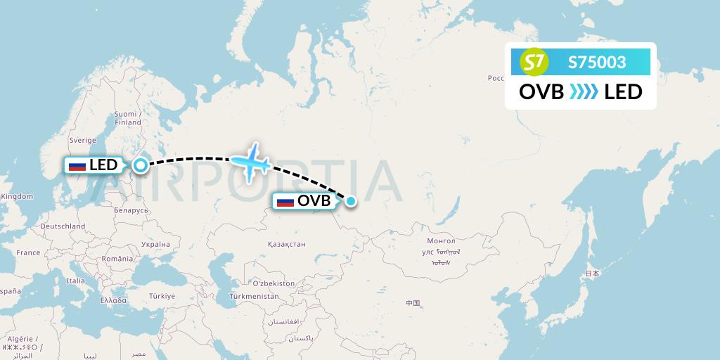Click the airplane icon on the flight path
(x=250, y=163)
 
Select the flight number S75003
(x=597, y=63)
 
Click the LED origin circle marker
(x=141, y=166)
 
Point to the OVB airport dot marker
(x=351, y=201)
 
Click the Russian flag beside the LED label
(x=77, y=166)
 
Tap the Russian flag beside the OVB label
(x=285, y=201)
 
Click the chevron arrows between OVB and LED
(x=584, y=91)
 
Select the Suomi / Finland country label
(x=128, y=118)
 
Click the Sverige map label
(x=82, y=140)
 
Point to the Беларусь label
(x=131, y=210)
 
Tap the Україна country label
(x=155, y=245)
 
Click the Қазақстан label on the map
(x=286, y=244)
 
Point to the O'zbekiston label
(x=274, y=283)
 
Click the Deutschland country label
(x=63, y=226)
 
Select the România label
(x=117, y=259)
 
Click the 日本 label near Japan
(x=593, y=274)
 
